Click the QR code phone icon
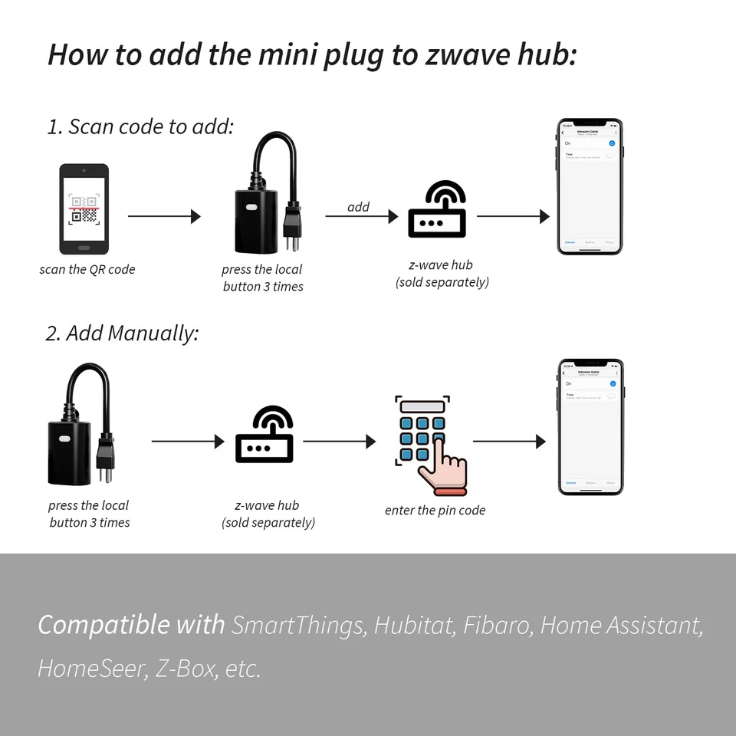pyautogui.click(x=84, y=208)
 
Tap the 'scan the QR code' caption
pyautogui.click(x=87, y=269)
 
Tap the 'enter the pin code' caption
pyautogui.click(x=435, y=510)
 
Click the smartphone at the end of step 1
pyautogui.click(x=590, y=186)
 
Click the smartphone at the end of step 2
pyautogui.click(x=590, y=427)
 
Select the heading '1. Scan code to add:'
pyautogui.click(x=140, y=127)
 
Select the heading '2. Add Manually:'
pyautogui.click(x=122, y=333)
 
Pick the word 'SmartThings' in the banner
pyautogui.click(x=298, y=625)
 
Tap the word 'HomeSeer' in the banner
pyautogui.click(x=91, y=668)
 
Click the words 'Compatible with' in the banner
pyautogui.click(x=131, y=625)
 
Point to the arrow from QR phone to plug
pyautogui.click(x=163, y=216)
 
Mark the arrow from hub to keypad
pyautogui.click(x=339, y=442)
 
